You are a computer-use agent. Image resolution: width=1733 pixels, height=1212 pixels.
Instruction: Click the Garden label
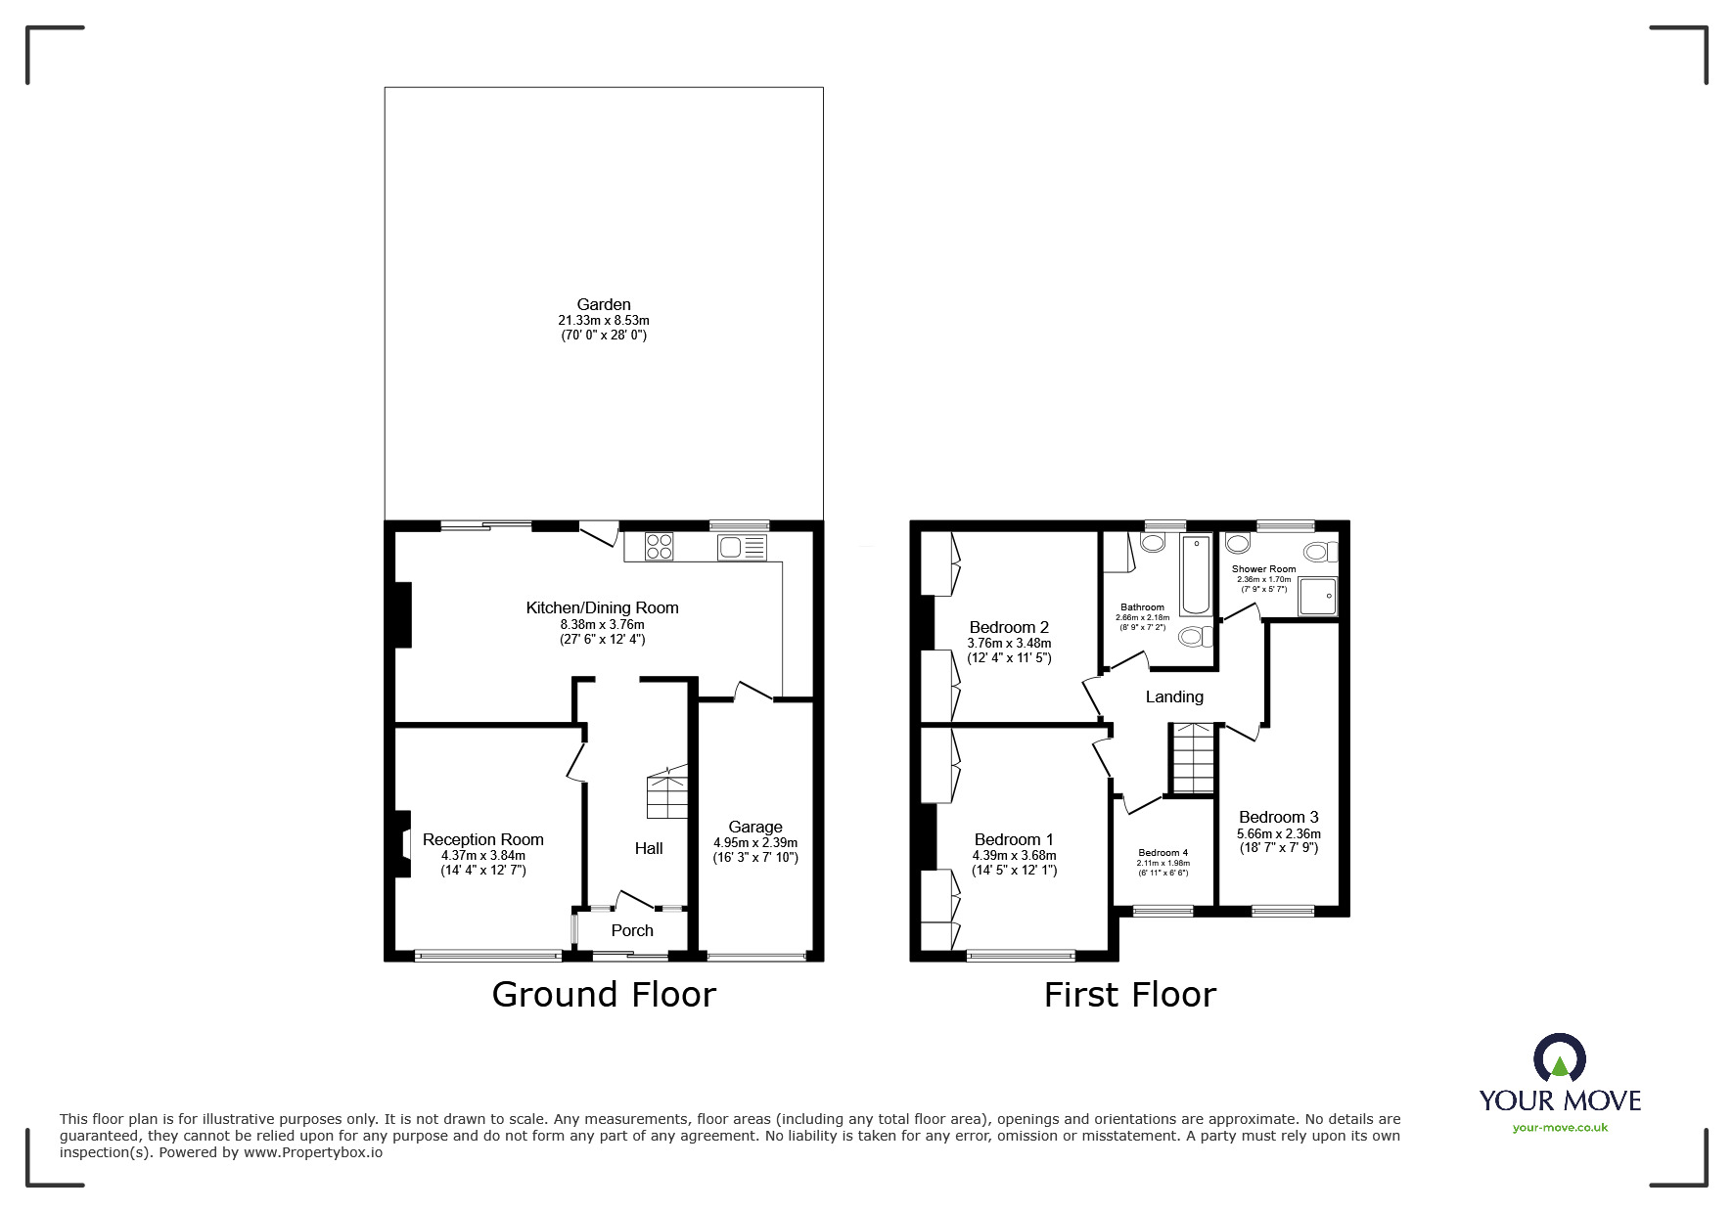(603, 304)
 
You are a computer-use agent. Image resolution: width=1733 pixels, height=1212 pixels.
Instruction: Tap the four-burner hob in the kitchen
(659, 546)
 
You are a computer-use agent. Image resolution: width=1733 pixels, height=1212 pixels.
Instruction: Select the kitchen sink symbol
(743, 547)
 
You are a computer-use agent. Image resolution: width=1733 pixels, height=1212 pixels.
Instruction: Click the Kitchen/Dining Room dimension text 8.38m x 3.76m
(602, 624)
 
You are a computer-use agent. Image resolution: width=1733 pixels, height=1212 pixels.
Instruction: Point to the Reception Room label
(482, 839)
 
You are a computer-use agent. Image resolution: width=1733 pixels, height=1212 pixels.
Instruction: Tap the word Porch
(632, 930)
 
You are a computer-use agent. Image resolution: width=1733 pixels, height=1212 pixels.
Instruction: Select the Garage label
(754, 827)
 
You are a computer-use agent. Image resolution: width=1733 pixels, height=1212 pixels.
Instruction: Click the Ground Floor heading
(604, 994)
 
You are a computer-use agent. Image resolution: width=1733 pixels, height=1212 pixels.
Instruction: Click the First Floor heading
(1129, 995)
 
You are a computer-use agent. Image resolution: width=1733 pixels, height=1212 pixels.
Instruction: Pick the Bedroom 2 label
(1009, 627)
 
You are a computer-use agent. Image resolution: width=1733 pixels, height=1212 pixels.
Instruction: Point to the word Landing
(1174, 696)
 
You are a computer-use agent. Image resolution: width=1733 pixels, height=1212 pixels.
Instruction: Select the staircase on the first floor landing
(1193, 758)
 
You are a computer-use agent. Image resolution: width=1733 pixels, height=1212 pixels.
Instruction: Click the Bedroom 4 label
(1163, 852)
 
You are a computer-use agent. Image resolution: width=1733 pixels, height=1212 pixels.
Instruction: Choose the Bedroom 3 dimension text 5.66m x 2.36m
(1278, 833)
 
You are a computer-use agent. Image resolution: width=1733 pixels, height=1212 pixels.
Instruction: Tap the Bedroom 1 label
(1014, 839)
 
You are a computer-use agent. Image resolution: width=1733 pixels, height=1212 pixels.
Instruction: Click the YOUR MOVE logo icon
(1559, 1059)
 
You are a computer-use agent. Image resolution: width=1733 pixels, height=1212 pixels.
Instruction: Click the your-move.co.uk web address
(1560, 1128)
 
